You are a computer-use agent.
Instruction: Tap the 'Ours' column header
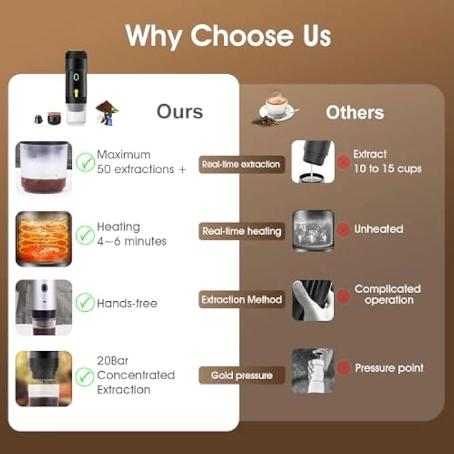pyautogui.click(x=180, y=111)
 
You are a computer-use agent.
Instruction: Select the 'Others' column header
pyautogui.click(x=355, y=112)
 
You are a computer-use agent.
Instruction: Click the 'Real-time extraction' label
pyautogui.click(x=241, y=164)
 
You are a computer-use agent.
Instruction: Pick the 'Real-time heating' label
pyautogui.click(x=242, y=232)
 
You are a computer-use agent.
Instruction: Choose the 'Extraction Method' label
pyautogui.click(x=242, y=300)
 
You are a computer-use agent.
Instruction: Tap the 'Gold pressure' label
pyautogui.click(x=242, y=375)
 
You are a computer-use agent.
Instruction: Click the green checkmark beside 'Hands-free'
pyautogui.click(x=85, y=302)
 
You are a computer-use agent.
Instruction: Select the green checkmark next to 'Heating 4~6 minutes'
pyautogui.click(x=85, y=234)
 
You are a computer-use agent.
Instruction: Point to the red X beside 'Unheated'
pyautogui.click(x=343, y=230)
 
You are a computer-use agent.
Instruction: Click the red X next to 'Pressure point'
pyautogui.click(x=343, y=368)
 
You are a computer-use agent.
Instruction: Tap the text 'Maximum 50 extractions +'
pyautogui.click(x=142, y=162)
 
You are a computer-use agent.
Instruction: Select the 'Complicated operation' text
pyautogui.click(x=387, y=294)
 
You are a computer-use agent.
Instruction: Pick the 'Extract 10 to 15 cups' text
pyautogui.click(x=387, y=162)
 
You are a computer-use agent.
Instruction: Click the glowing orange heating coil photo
pyautogui.click(x=43, y=238)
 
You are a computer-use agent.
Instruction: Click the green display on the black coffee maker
pyautogui.click(x=76, y=77)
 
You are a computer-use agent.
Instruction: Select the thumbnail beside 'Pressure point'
pyautogui.click(x=312, y=369)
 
